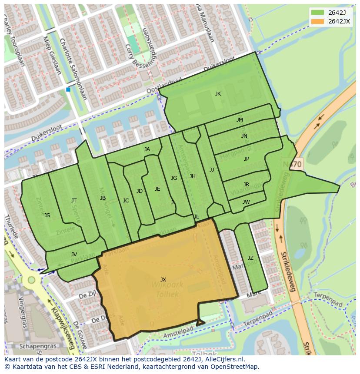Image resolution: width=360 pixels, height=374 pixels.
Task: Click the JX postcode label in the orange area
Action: [x=163, y=280]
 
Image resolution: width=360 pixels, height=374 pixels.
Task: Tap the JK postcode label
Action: [x=218, y=94]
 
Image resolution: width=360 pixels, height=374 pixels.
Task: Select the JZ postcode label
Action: [x=250, y=258]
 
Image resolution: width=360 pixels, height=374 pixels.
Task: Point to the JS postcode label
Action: [x=47, y=215]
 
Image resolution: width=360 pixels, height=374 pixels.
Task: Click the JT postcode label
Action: [x=74, y=201]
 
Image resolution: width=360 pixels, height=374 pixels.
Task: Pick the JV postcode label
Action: [x=74, y=255]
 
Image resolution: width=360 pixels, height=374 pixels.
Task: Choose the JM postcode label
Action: [x=240, y=120]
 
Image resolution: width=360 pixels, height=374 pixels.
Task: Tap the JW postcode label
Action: [x=246, y=202]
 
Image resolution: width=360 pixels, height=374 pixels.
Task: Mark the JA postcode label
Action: [x=147, y=149]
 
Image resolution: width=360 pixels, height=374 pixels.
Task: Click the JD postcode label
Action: [x=139, y=191]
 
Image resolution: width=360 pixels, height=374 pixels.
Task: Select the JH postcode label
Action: [x=192, y=176]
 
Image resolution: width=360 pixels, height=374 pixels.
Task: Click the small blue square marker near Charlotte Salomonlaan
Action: [x=68, y=89]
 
